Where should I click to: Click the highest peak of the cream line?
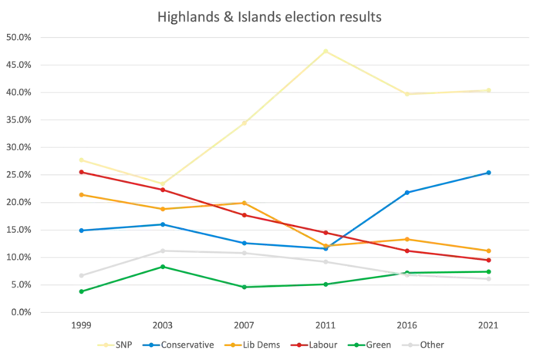point(326,50)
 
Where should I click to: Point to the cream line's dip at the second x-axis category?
point(161,183)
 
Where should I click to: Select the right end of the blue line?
point(491,171)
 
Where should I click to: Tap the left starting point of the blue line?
point(80,230)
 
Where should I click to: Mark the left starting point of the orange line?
point(80,193)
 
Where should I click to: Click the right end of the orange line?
point(491,251)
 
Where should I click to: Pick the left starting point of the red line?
point(80,171)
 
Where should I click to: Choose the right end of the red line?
point(491,261)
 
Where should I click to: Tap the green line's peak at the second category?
point(162,266)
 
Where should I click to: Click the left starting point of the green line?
point(80,291)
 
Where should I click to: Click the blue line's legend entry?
point(179,345)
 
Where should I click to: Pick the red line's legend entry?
point(316,345)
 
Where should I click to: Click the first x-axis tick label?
point(79,326)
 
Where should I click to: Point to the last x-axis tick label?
point(491,326)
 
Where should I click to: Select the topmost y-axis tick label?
point(19,37)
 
